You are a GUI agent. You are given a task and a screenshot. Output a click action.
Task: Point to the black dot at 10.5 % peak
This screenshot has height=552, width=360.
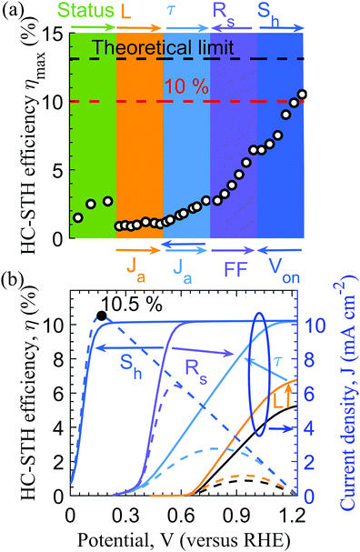[102, 316]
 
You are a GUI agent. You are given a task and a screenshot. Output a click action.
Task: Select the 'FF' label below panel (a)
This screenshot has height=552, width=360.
[233, 271]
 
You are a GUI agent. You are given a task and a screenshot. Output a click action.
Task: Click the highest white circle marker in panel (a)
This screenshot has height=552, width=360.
[302, 95]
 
